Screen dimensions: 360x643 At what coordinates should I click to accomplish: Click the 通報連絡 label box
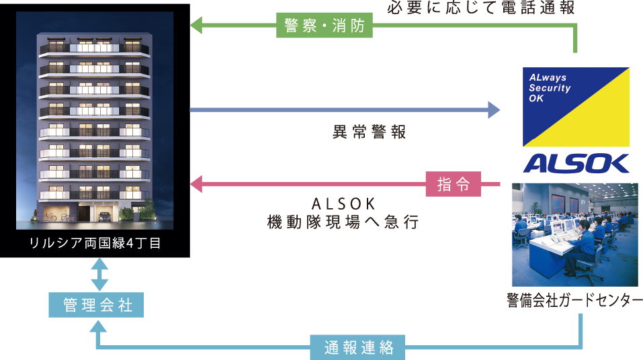[357, 348]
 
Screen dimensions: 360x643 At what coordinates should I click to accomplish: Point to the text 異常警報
[370, 132]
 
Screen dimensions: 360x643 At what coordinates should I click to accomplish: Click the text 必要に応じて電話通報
[481, 9]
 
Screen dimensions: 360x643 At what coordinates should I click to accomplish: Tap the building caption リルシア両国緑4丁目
[95, 243]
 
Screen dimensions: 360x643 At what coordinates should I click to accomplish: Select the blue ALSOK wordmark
[576, 163]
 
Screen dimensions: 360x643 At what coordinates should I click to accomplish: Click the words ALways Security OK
[549, 88]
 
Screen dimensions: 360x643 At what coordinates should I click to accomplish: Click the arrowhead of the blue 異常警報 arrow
[494, 109]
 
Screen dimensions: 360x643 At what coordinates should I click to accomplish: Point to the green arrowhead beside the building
[197, 26]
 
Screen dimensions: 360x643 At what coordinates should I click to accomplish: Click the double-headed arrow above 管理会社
[98, 275]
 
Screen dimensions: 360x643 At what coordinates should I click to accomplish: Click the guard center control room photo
[574, 234]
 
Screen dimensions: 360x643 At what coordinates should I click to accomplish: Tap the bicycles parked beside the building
[57, 217]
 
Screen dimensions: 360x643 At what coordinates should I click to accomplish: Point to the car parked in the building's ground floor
[104, 216]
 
